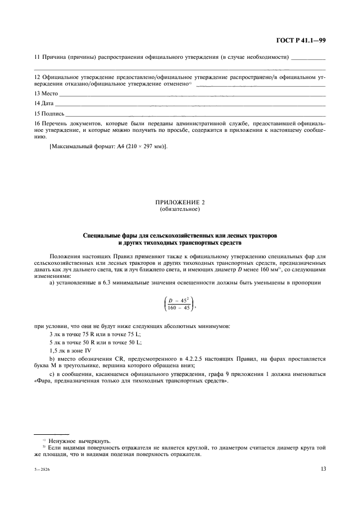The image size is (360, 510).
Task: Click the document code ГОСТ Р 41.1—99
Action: tap(302, 40)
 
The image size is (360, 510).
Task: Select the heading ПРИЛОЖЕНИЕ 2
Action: tap(180, 203)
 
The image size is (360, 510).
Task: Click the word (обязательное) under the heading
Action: tap(180, 209)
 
